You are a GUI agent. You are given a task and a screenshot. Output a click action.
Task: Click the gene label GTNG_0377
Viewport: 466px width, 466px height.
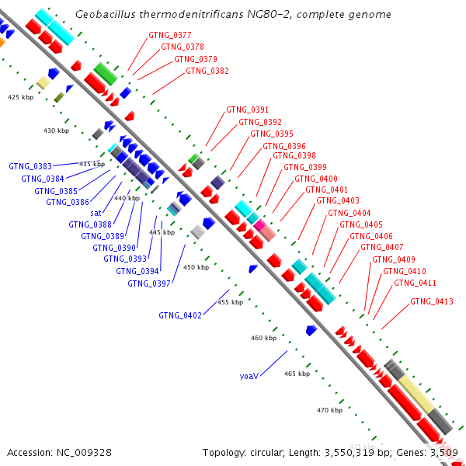pos(170,36)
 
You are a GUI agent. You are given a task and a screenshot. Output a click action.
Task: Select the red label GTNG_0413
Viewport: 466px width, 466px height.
pos(433,301)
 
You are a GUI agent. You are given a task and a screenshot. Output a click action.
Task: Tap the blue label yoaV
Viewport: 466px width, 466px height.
pos(249,376)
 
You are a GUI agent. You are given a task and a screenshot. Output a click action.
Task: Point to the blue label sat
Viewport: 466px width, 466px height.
pos(96,213)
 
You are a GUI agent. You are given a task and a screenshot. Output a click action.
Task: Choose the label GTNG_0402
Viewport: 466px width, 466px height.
pos(180,315)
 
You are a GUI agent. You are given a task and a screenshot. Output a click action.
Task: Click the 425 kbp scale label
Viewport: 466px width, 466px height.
pos(21,97)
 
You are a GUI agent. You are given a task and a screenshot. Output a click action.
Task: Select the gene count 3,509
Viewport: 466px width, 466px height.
pos(445,452)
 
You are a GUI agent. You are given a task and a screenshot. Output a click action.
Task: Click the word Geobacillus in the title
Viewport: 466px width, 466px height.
pos(106,15)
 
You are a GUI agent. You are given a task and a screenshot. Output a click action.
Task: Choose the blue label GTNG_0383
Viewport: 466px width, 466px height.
pos(30,166)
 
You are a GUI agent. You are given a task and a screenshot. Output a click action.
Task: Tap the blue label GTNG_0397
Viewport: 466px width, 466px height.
pos(149,283)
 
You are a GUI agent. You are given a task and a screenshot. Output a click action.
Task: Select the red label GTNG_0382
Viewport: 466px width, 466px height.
pos(207,71)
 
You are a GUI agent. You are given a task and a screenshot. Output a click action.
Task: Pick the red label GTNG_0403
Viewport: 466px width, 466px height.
pos(338,201)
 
